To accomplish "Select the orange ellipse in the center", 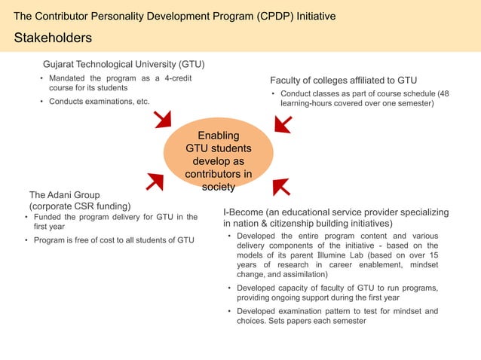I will (x=218, y=160).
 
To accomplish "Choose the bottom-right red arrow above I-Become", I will (x=281, y=186).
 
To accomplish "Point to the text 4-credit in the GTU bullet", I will (x=182, y=78).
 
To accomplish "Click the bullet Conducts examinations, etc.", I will (x=99, y=102).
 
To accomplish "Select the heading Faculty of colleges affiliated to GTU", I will (x=343, y=80).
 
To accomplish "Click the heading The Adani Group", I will (x=64, y=194).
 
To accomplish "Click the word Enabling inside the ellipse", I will (x=218, y=136).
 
